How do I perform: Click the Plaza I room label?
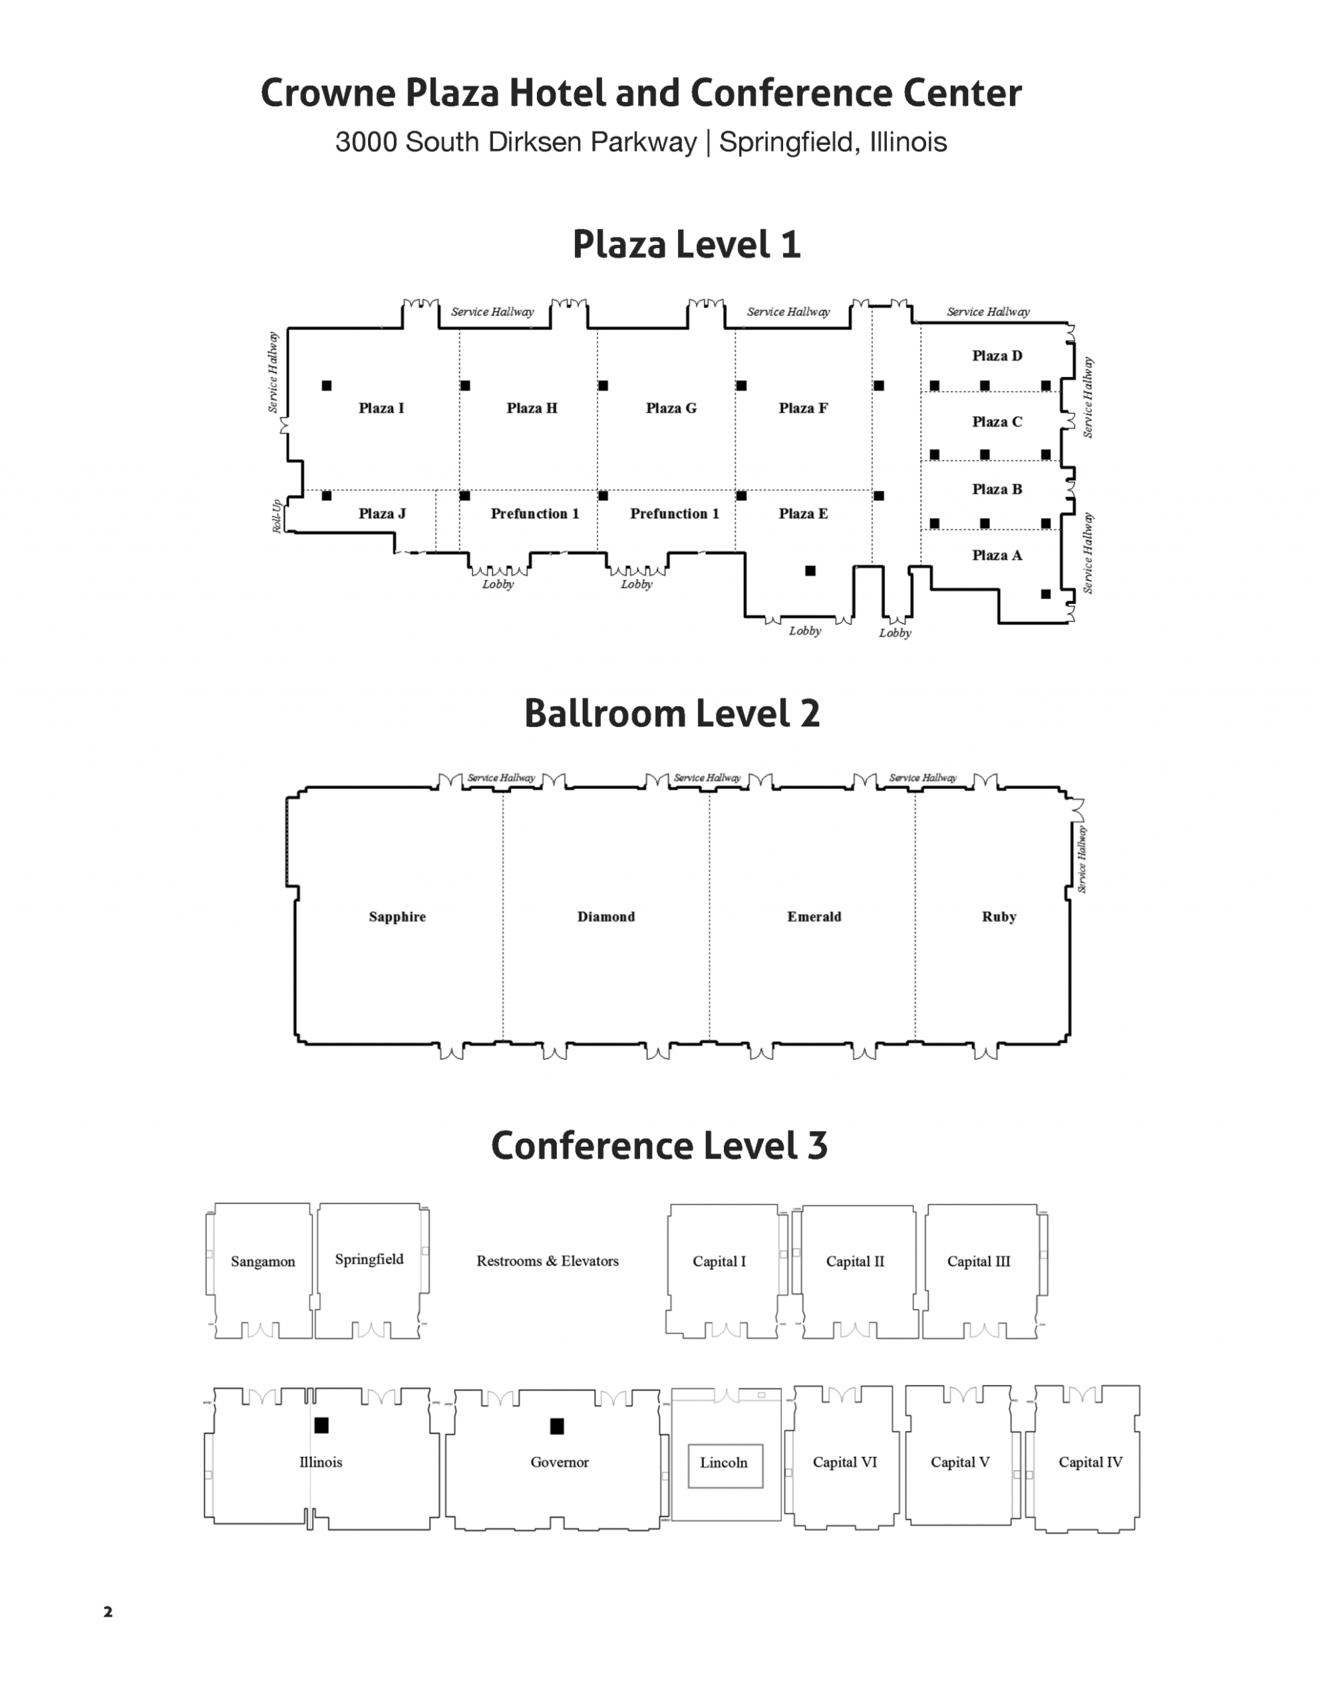pyautogui.click(x=381, y=408)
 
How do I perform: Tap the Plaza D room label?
pyautogui.click(x=997, y=356)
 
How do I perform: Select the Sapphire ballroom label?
pyautogui.click(x=398, y=917)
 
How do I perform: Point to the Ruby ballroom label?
pyautogui.click(x=999, y=917)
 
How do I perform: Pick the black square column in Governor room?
pyautogui.click(x=557, y=1426)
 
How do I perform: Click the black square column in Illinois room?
pyautogui.click(x=321, y=1426)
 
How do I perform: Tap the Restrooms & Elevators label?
pyautogui.click(x=548, y=1261)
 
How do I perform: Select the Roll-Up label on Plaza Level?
pyautogui.click(x=277, y=516)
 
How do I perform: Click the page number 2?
pyautogui.click(x=108, y=1612)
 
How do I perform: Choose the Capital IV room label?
pyautogui.click(x=1090, y=1462)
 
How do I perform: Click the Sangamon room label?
pyautogui.click(x=263, y=1262)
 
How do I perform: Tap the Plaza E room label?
pyautogui.click(x=803, y=513)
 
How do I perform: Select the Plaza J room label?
pyautogui.click(x=382, y=513)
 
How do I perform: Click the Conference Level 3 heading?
pyautogui.click(x=659, y=1146)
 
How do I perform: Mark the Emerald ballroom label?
pyautogui.click(x=814, y=917)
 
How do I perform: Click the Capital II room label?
pyautogui.click(x=856, y=1262)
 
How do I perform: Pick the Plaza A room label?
pyautogui.click(x=997, y=555)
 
